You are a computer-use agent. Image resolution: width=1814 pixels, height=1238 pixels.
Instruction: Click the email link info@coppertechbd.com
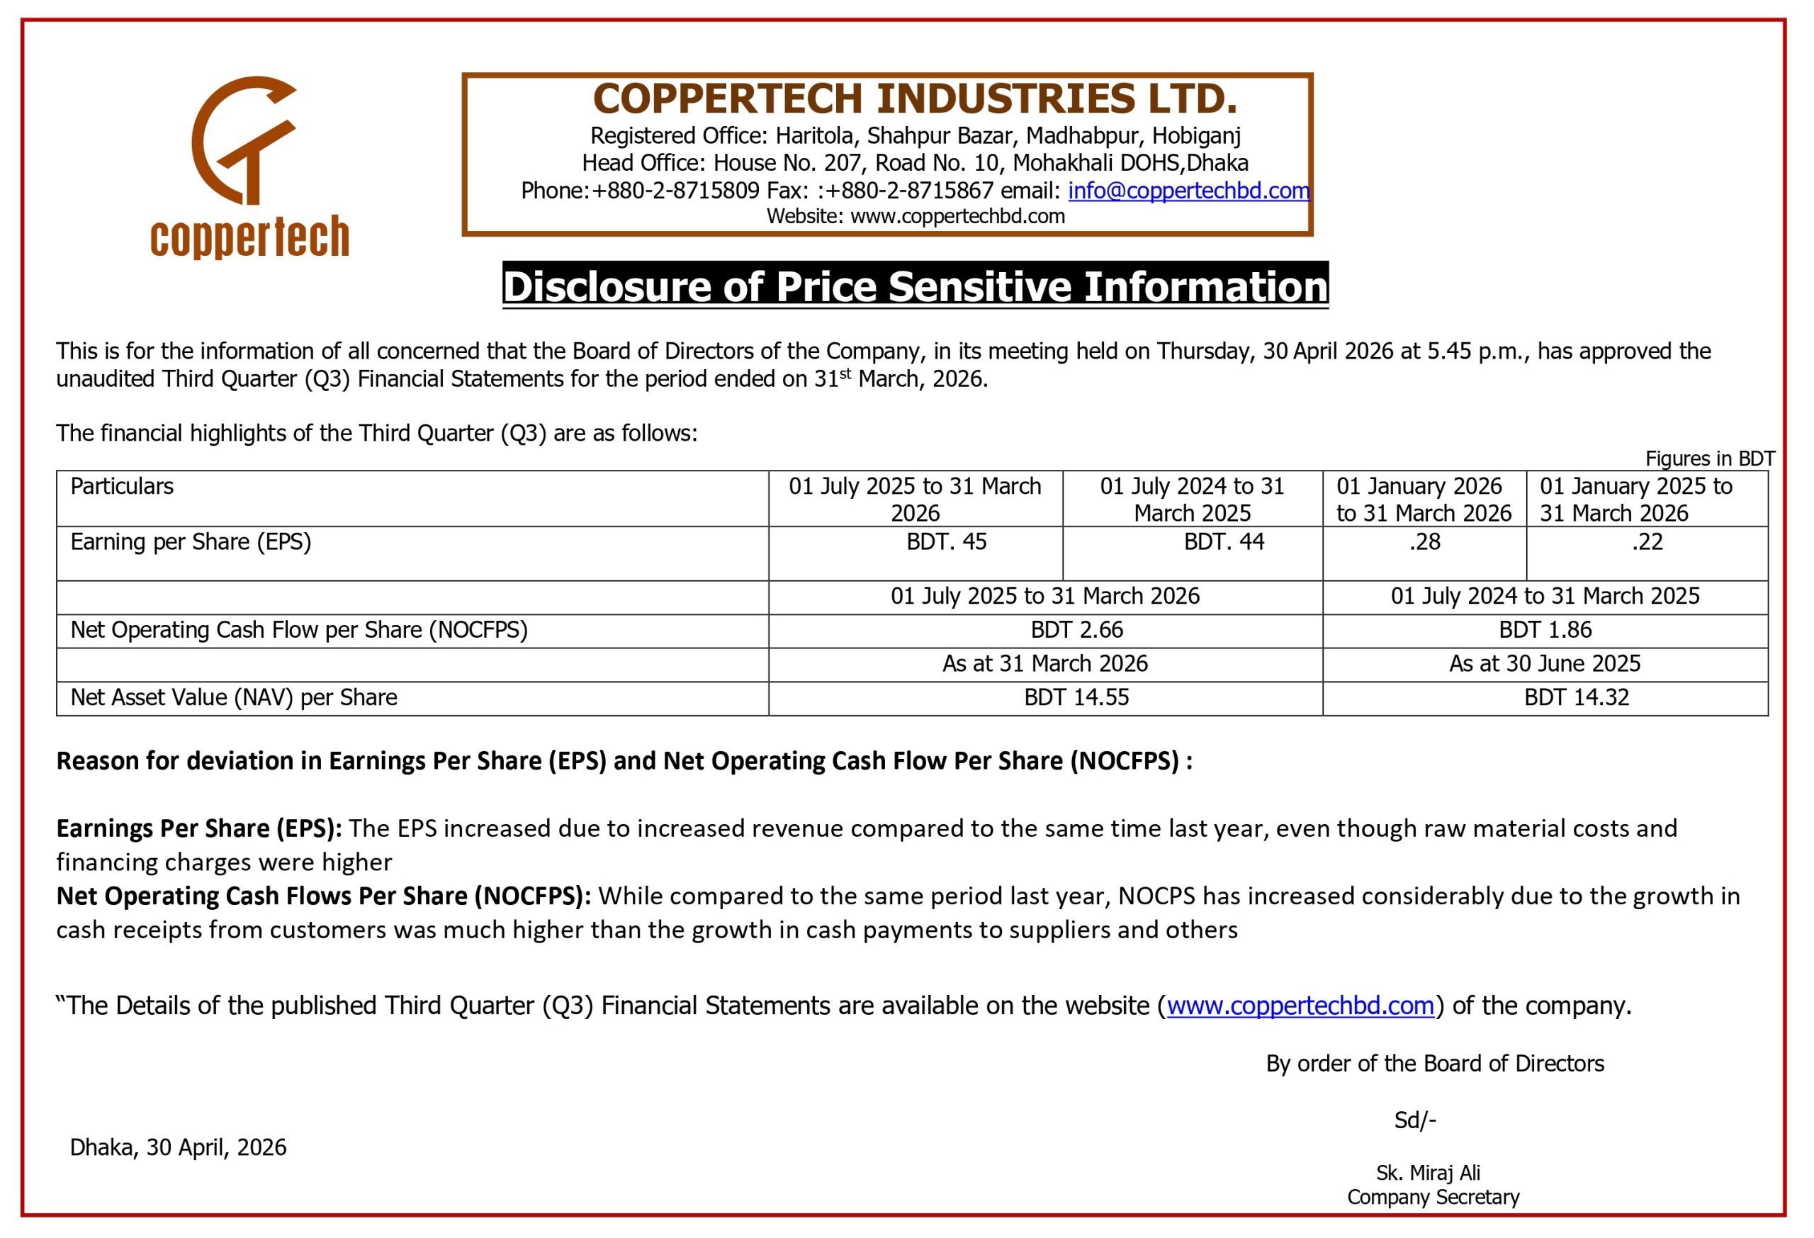click(x=1188, y=191)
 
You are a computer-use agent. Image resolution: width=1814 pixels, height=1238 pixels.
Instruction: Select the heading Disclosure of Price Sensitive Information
click(x=915, y=286)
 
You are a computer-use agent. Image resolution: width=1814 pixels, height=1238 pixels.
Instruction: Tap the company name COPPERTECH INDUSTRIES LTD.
click(x=915, y=99)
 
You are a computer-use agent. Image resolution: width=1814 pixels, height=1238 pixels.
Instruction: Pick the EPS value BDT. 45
click(x=946, y=541)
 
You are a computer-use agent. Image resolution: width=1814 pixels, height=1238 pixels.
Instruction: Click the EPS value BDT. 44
click(x=1223, y=541)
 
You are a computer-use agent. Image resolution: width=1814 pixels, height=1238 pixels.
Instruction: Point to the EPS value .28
click(x=1424, y=541)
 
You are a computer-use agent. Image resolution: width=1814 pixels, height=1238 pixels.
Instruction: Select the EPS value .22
click(x=1647, y=541)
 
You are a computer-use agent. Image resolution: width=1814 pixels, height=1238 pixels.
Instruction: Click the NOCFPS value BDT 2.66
click(x=1076, y=630)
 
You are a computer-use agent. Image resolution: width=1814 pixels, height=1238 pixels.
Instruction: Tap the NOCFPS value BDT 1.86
click(x=1545, y=630)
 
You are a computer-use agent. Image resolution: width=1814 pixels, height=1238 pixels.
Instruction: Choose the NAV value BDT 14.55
click(x=1076, y=697)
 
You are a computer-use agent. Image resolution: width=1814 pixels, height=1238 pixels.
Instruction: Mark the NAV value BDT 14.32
click(x=1577, y=697)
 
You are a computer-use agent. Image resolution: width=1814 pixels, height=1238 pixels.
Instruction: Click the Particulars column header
click(x=122, y=486)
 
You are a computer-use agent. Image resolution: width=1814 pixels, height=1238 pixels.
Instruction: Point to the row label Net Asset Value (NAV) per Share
click(x=233, y=697)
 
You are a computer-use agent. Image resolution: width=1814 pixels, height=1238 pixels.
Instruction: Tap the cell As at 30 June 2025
click(x=1545, y=663)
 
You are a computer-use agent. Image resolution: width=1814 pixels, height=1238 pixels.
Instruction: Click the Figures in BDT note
click(x=1709, y=458)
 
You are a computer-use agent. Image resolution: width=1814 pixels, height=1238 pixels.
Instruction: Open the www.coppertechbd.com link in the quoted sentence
click(x=1300, y=1006)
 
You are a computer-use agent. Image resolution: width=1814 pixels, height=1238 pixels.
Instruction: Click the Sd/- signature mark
click(x=1415, y=1120)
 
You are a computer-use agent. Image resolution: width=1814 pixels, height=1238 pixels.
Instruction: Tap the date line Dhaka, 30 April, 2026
click(x=178, y=1147)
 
